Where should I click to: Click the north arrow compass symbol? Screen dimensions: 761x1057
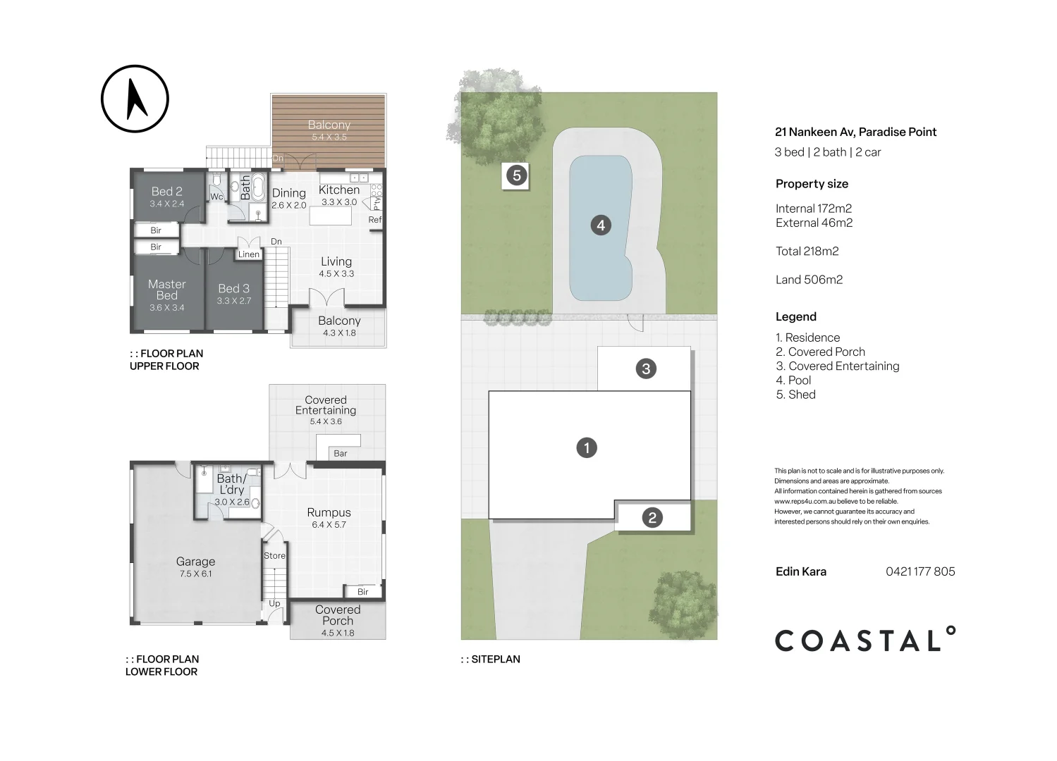coord(135,99)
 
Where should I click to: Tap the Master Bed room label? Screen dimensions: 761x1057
coord(167,290)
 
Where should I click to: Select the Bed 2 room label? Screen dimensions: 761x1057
coord(167,192)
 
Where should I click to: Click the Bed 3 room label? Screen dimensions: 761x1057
coord(233,289)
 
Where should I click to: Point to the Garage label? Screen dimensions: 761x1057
coord(195,562)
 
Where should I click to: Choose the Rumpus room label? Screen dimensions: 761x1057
coord(329,513)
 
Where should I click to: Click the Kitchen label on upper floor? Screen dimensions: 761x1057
coord(339,190)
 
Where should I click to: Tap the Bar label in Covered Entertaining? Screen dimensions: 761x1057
coord(341,454)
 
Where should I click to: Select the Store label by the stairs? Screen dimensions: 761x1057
coord(274,556)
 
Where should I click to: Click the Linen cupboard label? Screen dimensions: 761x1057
coord(248,254)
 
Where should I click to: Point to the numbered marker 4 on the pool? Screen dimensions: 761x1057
coord(601,225)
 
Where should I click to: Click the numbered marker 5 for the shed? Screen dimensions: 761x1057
coord(517,175)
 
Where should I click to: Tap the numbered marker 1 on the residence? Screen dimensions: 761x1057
coord(587,447)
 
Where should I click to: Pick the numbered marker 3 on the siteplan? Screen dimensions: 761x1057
coord(646,369)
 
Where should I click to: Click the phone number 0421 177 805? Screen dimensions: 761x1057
coord(920,571)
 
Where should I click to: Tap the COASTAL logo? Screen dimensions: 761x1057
coord(865,639)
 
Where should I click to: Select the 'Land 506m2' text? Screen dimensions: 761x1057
coord(809,280)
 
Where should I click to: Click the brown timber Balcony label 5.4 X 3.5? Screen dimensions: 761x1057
coord(329,125)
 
